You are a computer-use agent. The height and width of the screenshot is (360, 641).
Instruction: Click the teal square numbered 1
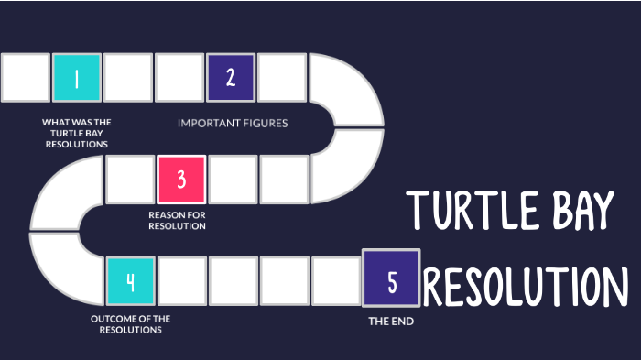77,78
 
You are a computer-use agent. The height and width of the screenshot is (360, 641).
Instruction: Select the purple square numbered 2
231,78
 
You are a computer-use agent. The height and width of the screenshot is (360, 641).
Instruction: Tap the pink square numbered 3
180,179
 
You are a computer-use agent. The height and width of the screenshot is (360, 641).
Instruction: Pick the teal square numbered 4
130,280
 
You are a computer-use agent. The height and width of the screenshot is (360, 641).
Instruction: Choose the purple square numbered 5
391,280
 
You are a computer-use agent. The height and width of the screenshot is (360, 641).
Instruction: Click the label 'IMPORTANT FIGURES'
233,123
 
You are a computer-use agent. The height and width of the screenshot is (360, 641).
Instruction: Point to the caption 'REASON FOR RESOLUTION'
177,221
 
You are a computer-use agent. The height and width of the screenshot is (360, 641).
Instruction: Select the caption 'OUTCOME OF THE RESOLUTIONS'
131,324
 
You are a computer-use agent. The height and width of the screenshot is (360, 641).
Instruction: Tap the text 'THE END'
391,322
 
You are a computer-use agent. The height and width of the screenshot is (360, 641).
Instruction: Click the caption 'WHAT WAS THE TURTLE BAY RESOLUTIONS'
77,133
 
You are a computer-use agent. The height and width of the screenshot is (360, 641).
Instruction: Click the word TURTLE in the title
480,212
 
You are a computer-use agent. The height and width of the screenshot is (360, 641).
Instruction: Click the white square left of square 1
26,78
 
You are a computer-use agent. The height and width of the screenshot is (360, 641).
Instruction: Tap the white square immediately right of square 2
282,78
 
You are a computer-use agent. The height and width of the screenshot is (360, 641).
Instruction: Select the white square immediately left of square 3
129,179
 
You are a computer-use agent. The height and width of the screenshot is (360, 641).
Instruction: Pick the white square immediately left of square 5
335,280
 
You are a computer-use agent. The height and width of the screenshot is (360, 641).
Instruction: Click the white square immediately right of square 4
181,280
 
